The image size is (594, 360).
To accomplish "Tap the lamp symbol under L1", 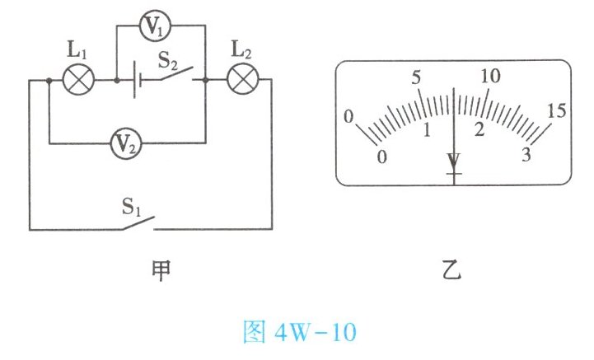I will tap(81, 81).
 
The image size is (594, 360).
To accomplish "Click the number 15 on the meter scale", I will tap(557, 110).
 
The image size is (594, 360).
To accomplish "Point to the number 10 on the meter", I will tap(489, 76).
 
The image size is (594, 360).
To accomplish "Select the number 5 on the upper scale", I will tap(416, 78).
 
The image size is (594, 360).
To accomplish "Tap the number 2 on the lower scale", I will tap(479, 131).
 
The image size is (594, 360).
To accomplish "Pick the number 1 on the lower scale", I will tap(427, 130).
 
